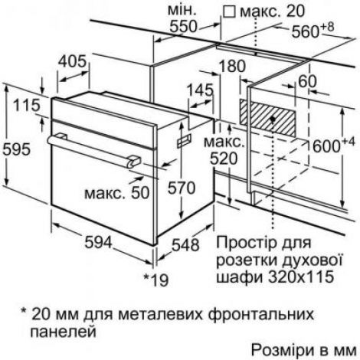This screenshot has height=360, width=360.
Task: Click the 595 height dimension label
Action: pyautogui.click(x=17, y=149)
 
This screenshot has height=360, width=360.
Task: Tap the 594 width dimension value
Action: pyautogui.click(x=98, y=242)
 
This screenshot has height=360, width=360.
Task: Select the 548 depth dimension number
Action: pyautogui.click(x=185, y=244)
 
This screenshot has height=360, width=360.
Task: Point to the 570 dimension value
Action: pyautogui.click(x=182, y=188)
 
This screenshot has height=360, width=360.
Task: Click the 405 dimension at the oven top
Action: pyautogui.click(x=72, y=61)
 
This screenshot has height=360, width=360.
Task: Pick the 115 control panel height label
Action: pyautogui.click(x=27, y=105)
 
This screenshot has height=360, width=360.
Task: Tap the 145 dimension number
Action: pyautogui.click(x=200, y=90)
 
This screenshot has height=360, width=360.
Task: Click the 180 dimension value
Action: pyautogui.click(x=232, y=66)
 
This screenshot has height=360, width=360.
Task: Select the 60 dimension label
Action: pyautogui.click(x=307, y=82)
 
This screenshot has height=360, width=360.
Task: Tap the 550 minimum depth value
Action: pyautogui.click(x=184, y=26)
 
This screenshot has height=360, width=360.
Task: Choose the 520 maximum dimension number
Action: pyautogui.click(x=224, y=159)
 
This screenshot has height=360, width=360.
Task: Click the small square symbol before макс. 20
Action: pyautogui.click(x=229, y=12)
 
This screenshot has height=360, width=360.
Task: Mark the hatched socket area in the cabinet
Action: pyautogui.click(x=267, y=118)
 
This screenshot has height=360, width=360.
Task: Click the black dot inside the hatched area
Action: pyautogui.click(x=273, y=119)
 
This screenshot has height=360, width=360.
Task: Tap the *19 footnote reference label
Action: pyautogui.click(x=156, y=280)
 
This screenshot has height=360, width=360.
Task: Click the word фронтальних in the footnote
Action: pyautogui.click(x=261, y=314)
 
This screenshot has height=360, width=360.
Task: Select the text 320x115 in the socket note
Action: pyautogui.click(x=300, y=277)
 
